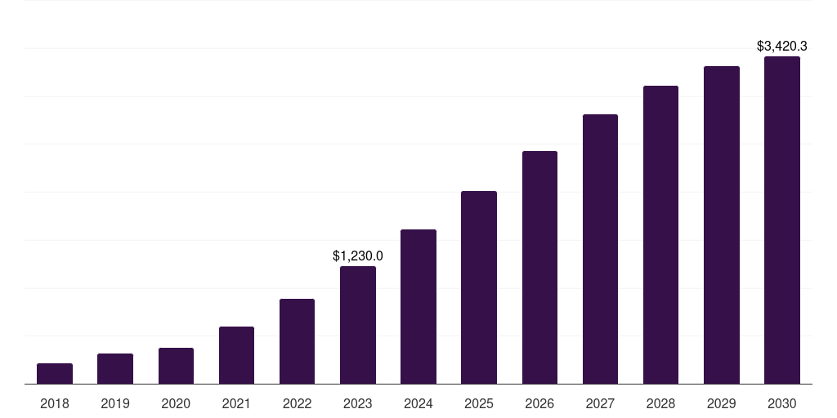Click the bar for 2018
55,374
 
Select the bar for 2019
115,369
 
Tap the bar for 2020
176,366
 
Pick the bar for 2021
236,355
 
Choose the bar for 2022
297,341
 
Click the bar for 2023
358,325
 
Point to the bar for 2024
418,307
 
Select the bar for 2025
479,287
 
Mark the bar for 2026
539,268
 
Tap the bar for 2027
600,249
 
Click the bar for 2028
660,235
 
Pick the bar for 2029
722,225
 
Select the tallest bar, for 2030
782,220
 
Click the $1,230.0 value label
358,256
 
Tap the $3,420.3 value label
782,46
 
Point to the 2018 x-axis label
55,403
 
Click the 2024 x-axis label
418,403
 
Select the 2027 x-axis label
600,403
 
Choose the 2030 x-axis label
782,403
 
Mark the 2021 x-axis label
236,403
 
